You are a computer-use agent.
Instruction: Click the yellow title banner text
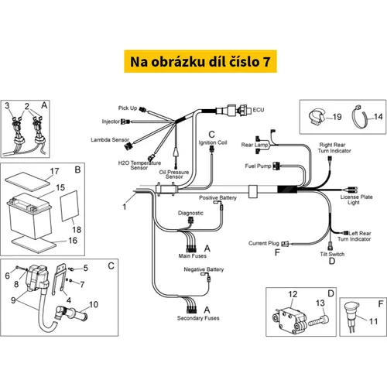[200, 62]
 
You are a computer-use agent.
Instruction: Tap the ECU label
[259, 110]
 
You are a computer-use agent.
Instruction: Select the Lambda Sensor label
[110, 140]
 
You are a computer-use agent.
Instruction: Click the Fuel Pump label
[258, 166]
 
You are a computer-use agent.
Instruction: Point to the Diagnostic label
[190, 213]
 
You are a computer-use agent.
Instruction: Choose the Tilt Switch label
[332, 254]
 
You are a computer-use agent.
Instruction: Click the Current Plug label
[264, 243]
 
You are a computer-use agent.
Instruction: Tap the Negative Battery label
[204, 269]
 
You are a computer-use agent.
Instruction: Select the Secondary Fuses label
[198, 318]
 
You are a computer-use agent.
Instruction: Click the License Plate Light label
[356, 200]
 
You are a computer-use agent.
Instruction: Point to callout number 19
[337, 117]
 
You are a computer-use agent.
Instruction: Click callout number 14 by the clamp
[378, 117]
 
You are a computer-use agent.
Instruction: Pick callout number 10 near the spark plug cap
[94, 304]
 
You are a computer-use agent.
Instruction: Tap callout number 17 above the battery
[54, 171]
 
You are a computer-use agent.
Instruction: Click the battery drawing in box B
[29, 215]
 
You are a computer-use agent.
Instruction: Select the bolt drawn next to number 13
[319, 320]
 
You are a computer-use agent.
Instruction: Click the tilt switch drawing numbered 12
[290, 320]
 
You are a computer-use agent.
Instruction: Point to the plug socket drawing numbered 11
[351, 317]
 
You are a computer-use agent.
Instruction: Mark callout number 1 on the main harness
[125, 207]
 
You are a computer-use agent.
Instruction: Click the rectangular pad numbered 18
[69, 206]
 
